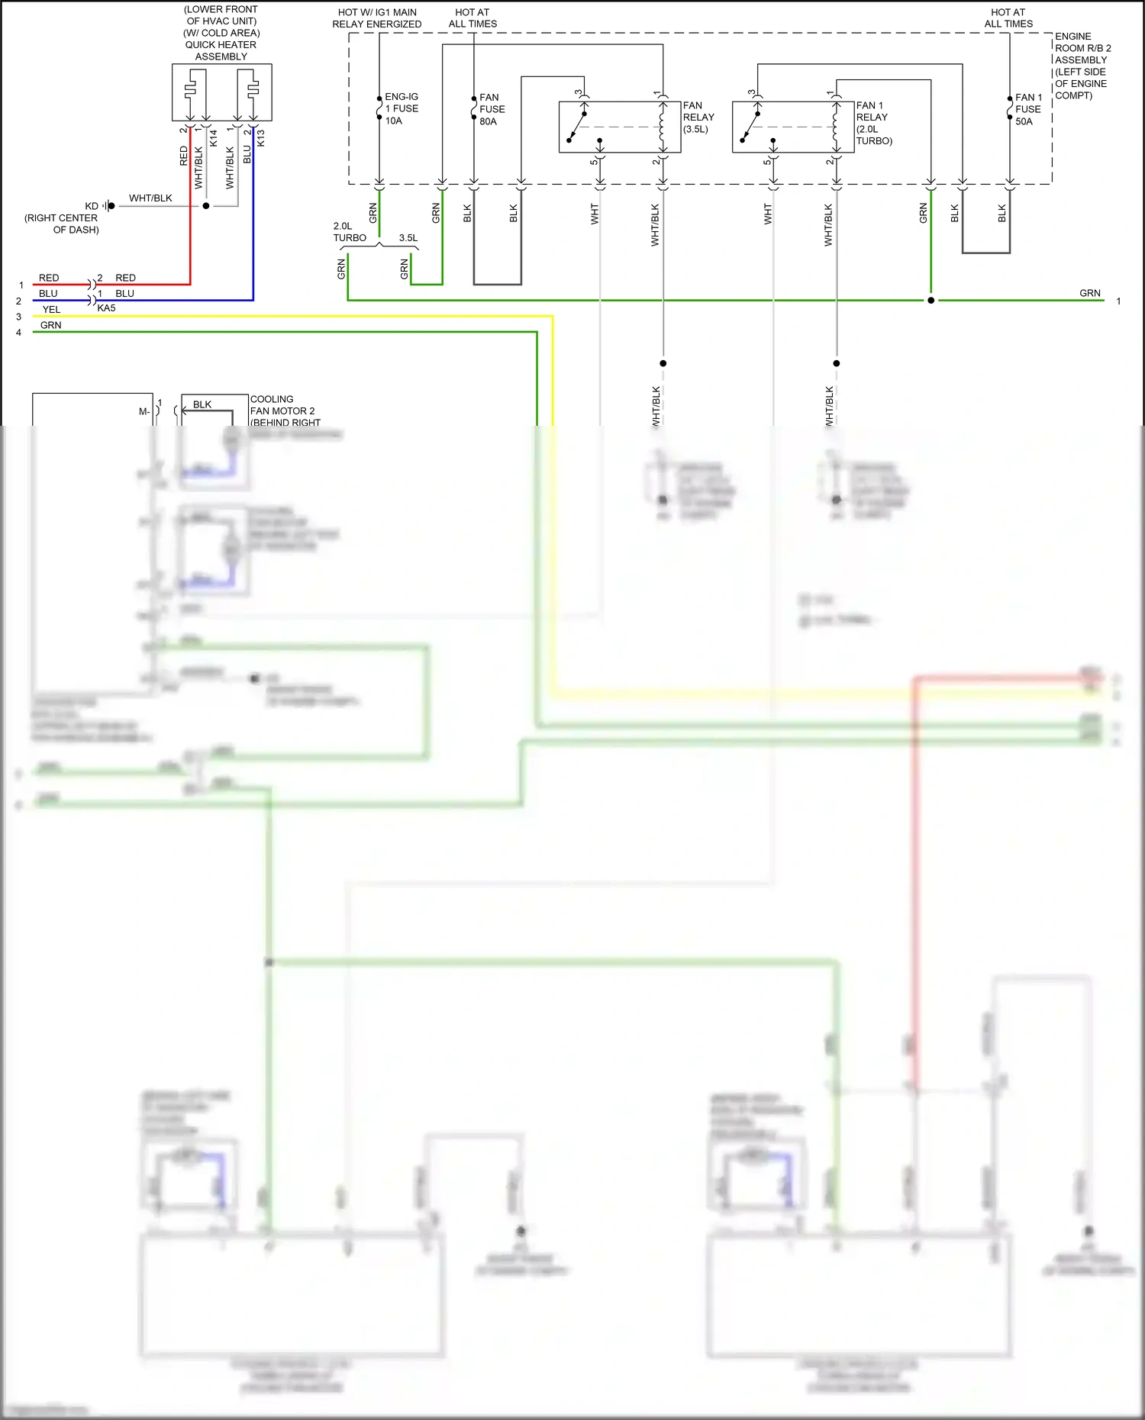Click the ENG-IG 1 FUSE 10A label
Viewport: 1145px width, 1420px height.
point(401,108)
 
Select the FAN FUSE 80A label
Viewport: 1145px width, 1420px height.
point(491,109)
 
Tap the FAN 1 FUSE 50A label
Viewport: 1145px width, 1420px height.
point(1027,109)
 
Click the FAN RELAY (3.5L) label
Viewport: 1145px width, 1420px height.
point(698,117)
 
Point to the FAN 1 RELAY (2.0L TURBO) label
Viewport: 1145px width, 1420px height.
point(873,123)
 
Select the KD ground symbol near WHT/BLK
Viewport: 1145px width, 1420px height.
point(110,206)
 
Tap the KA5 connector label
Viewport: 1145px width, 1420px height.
point(106,308)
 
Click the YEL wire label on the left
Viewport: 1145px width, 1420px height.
point(51,309)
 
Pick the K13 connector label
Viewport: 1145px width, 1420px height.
point(260,138)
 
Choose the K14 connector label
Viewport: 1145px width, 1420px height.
point(213,138)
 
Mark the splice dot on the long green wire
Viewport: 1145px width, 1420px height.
point(931,301)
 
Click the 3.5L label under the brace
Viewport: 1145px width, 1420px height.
point(408,238)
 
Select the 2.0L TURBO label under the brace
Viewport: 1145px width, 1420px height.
point(350,232)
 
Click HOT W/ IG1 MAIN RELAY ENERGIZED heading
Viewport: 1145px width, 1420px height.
point(377,18)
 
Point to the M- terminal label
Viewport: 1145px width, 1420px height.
point(144,412)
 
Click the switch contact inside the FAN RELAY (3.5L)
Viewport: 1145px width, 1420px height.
point(578,126)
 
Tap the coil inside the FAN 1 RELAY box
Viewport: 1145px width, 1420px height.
point(835,126)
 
